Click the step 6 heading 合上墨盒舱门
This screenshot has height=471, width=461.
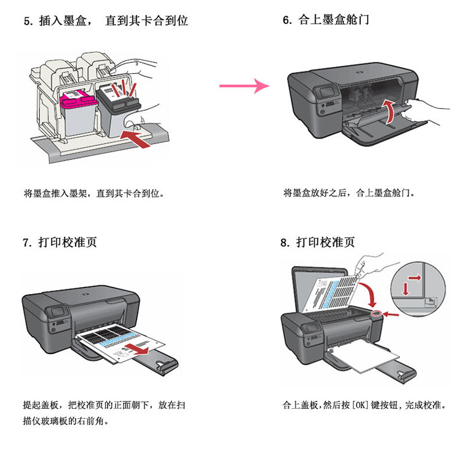[x=326, y=20]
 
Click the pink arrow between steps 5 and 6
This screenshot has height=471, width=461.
[x=244, y=86]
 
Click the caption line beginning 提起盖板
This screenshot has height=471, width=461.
[x=103, y=406]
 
